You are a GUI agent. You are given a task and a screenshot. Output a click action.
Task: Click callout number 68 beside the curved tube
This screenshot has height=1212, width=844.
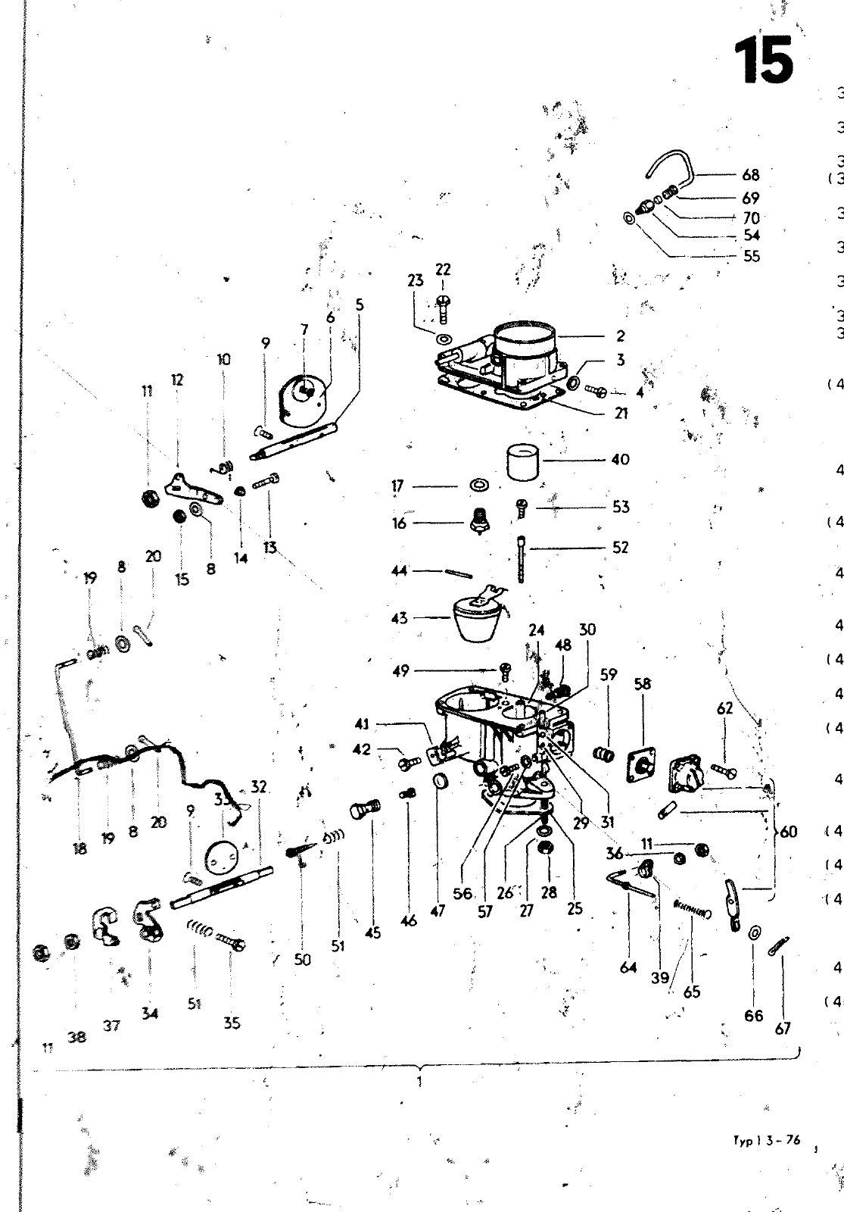point(750,175)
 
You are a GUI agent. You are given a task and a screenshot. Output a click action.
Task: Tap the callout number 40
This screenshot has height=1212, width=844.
point(620,459)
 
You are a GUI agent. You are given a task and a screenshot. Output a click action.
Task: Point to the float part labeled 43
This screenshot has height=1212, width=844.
point(475,619)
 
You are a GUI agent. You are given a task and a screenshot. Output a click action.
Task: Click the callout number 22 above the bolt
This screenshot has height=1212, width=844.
point(443,270)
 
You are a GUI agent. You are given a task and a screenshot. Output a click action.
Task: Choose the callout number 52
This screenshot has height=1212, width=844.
point(620,547)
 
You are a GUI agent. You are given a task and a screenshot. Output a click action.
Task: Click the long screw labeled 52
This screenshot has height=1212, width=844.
point(521,559)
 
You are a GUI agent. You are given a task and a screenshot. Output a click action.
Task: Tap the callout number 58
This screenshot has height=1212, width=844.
point(642,684)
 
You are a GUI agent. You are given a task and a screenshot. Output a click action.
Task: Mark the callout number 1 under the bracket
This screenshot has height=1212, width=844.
point(419,1082)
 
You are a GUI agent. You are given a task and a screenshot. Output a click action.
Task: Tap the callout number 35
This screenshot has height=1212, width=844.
point(232,1023)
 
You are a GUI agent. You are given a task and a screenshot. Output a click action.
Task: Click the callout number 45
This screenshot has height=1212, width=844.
point(372,933)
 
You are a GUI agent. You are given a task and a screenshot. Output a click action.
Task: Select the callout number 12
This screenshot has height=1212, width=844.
point(177,380)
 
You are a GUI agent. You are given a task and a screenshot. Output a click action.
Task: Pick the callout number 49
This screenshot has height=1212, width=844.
point(400,670)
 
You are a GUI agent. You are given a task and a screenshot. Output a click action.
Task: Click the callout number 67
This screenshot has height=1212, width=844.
point(783,1028)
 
